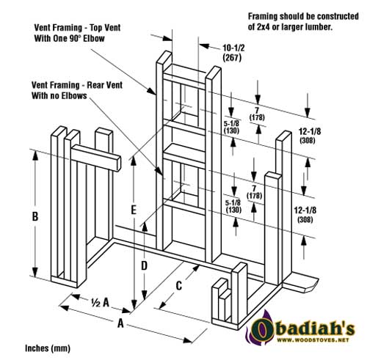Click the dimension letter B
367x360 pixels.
point(35,216)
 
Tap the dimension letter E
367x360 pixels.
point(134,210)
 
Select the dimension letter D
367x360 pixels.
point(145,265)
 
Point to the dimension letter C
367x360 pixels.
point(179,285)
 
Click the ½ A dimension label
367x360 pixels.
point(100,303)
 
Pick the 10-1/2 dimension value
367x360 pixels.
point(233,48)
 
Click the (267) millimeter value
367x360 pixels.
point(232,58)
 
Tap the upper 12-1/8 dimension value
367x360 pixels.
point(310,131)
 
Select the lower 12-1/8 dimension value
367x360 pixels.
point(305,210)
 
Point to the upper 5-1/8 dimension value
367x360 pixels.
point(231,124)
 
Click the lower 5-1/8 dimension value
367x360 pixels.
point(233,202)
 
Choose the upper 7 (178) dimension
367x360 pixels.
point(257,114)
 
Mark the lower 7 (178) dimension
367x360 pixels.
point(254,192)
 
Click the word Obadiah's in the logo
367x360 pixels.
point(303,328)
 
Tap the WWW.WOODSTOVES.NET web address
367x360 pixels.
point(313,340)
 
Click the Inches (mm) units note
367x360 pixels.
point(48,348)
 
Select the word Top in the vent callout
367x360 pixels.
point(98,27)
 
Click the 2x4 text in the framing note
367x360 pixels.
point(264,27)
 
